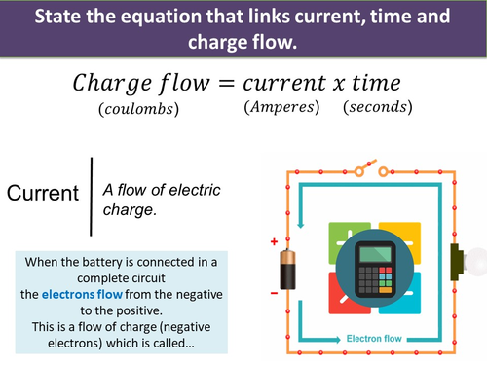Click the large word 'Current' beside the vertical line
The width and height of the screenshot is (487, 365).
click(x=43, y=193)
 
